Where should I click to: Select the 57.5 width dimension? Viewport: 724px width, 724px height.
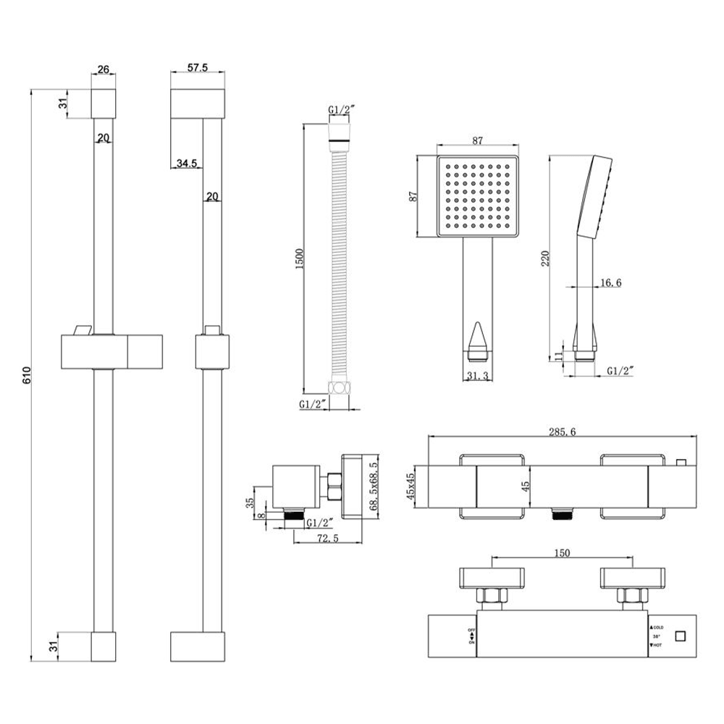(x=198, y=67)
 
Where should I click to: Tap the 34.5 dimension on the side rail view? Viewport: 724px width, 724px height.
(x=186, y=164)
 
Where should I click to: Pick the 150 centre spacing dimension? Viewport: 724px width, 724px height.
(x=562, y=553)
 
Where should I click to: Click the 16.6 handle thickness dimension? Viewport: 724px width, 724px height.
(x=609, y=283)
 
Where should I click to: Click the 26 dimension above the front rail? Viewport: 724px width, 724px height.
(x=103, y=70)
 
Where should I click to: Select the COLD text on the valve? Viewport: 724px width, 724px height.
(x=658, y=627)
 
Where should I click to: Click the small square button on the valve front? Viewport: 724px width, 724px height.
(x=680, y=636)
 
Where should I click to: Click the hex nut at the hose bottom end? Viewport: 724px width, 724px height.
(x=339, y=387)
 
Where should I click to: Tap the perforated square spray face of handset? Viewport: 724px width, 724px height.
(x=478, y=195)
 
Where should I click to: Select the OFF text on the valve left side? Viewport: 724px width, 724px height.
(x=471, y=629)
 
